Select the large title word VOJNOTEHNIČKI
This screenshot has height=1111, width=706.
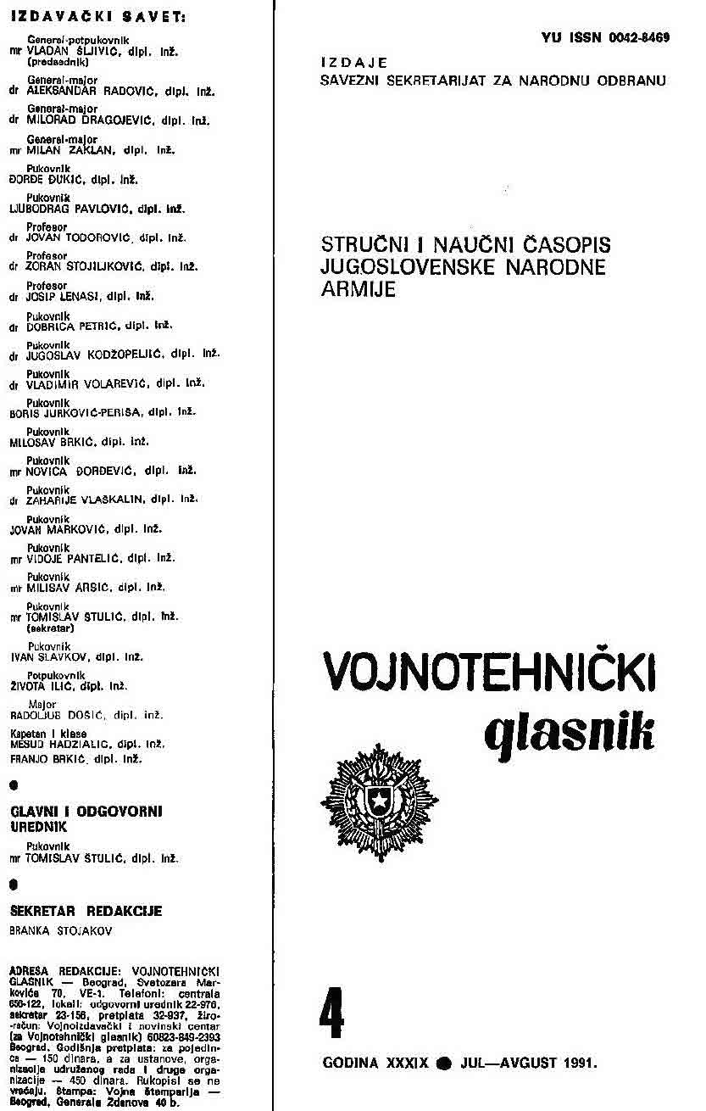click(489, 676)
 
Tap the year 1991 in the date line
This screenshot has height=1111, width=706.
click(580, 1062)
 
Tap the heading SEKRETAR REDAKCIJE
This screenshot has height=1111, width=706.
click(86, 911)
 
